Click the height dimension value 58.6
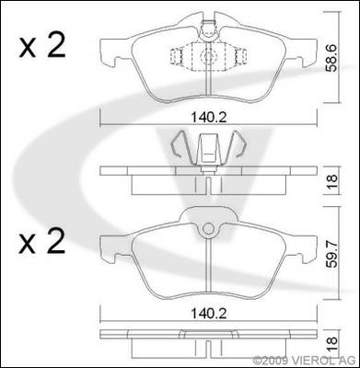[331, 58]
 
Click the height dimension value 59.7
[331, 254]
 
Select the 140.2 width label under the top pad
[209, 118]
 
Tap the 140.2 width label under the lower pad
[209, 314]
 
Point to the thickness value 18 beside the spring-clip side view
[331, 181]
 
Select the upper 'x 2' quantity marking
[42, 46]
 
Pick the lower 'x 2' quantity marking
[42, 241]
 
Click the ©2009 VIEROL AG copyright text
[304, 360]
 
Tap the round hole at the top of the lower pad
[209, 229]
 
